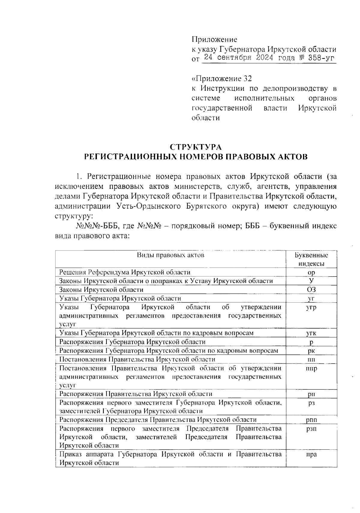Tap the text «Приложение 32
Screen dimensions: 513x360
coord(221,79)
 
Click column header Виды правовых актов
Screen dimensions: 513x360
coord(170,255)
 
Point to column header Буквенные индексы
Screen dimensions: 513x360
coord(311,259)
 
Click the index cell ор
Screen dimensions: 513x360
coord(311,273)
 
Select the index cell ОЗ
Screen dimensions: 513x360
coord(311,290)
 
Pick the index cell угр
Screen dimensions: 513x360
coord(311,307)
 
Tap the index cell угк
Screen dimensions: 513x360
coord(311,333)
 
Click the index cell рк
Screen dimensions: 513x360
coord(311,351)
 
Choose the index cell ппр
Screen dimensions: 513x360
coord(311,368)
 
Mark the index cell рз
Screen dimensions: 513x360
coord(311,403)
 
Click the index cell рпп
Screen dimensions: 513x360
coord(311,420)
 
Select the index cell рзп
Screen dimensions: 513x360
coord(311,429)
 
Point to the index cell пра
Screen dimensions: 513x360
coord(311,454)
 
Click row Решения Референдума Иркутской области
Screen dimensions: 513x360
coord(125,272)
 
